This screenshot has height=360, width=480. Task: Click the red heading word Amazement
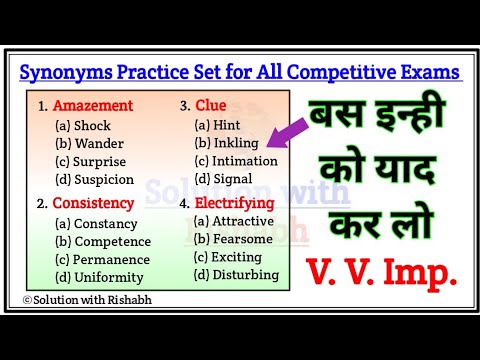tap(93, 104)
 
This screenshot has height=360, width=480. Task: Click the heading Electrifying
tap(233, 204)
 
